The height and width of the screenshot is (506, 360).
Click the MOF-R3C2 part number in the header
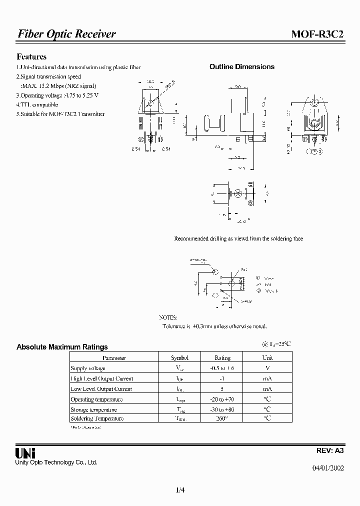tap(317, 34)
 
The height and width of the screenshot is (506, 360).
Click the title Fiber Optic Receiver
tap(66, 34)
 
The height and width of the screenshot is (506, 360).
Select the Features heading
tap(31, 57)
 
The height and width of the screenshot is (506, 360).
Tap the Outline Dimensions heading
tap(241, 66)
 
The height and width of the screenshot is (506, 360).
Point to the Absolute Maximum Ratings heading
tap(62, 346)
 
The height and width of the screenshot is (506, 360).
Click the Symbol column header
tap(179, 358)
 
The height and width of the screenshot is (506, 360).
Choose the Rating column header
tap(222, 358)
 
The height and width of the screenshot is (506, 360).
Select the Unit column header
tap(267, 358)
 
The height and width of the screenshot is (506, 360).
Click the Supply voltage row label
tap(88, 368)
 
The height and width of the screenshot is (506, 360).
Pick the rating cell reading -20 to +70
tap(222, 399)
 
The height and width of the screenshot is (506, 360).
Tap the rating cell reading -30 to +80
tap(222, 409)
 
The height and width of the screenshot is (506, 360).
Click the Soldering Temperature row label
tap(97, 418)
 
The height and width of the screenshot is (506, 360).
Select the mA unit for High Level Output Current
tap(267, 378)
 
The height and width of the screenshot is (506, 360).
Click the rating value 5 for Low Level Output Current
tap(222, 389)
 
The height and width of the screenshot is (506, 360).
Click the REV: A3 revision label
tap(330, 450)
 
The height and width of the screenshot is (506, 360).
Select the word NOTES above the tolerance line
tap(168, 317)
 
